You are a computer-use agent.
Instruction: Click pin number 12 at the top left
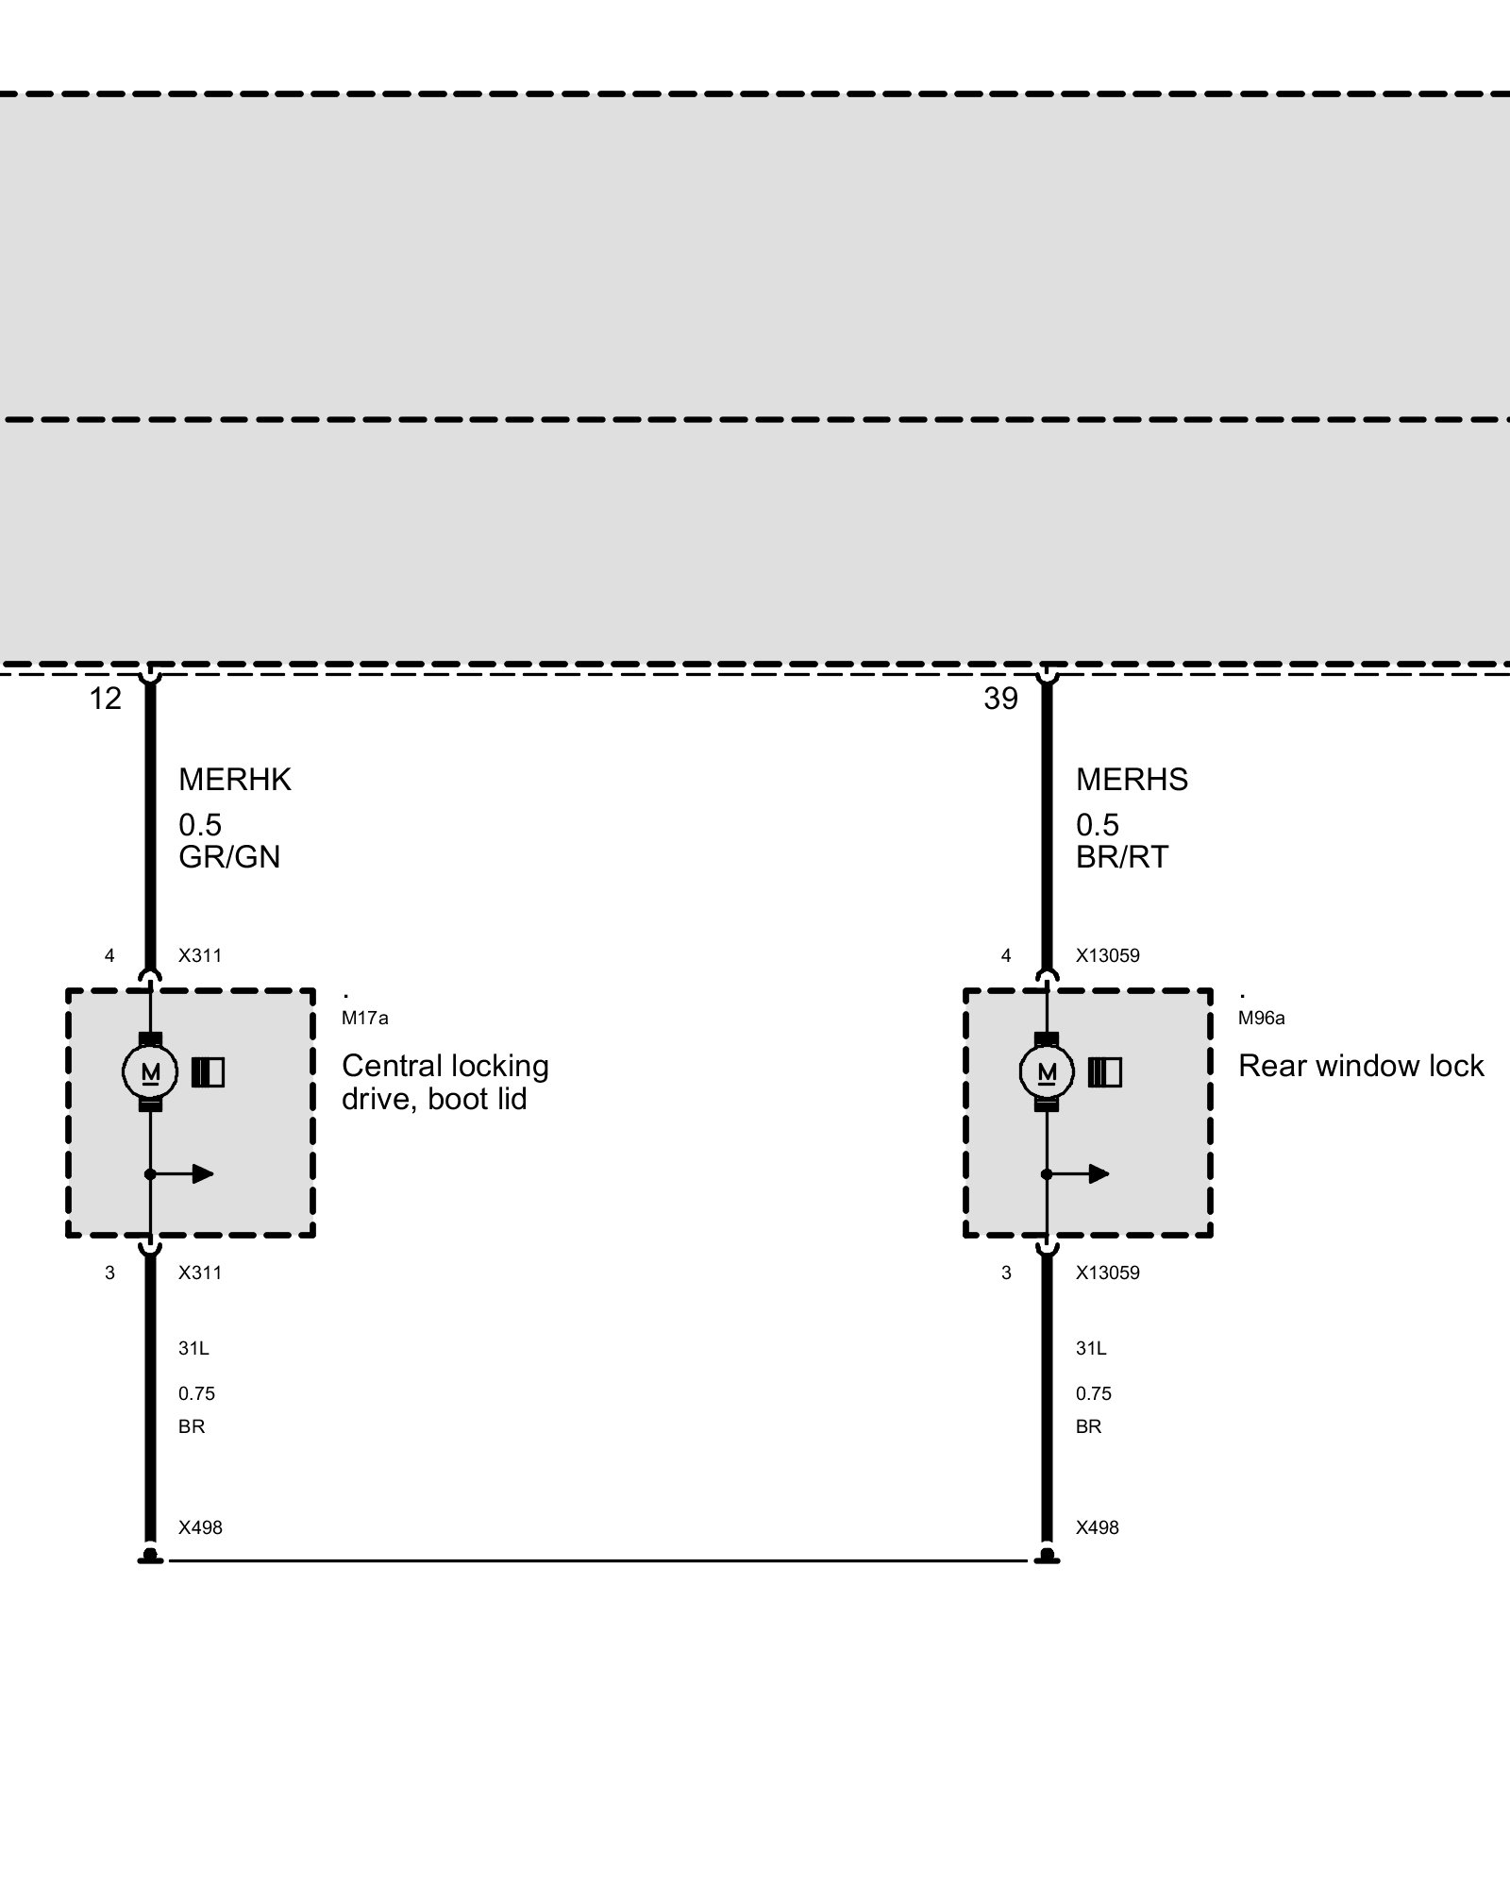pos(106,699)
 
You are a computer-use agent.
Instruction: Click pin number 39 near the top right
pos(1000,699)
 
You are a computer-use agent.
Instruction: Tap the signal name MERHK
pos(235,780)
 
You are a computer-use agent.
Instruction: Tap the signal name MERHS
pos(1132,780)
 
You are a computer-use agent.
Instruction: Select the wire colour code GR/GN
pos(229,856)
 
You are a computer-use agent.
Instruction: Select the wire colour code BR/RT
pos(1122,856)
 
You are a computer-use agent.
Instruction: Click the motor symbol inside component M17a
pos(150,1072)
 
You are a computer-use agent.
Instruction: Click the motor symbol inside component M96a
pos(1047,1072)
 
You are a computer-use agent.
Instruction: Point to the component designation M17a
pos(364,1019)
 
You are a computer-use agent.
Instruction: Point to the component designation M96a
pos(1261,1019)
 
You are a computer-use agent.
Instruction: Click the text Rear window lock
pos(1361,1066)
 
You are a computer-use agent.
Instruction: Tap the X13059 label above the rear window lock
pos(1107,955)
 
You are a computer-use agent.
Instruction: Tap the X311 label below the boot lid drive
pos(200,1273)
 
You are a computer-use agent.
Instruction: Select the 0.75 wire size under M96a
pos(1094,1393)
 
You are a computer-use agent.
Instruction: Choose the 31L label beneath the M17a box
pos(193,1349)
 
